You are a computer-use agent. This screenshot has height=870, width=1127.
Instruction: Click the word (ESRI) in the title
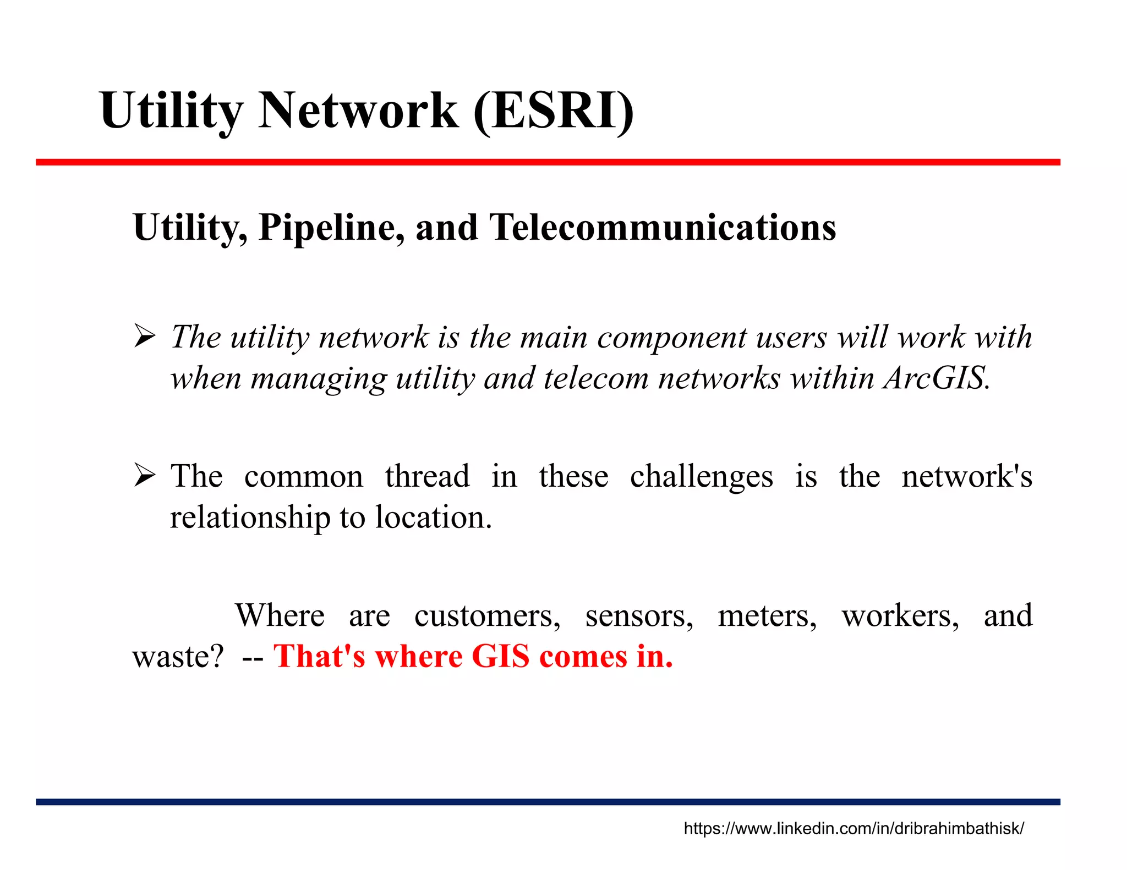point(554,111)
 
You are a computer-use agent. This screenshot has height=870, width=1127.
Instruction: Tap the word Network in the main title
point(358,111)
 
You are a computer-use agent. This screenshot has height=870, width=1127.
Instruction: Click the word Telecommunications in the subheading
point(663,228)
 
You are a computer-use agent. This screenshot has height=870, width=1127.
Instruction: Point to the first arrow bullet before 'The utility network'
point(145,337)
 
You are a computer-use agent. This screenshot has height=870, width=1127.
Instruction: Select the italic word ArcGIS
point(937,378)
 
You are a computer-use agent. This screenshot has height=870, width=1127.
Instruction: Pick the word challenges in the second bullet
point(702,476)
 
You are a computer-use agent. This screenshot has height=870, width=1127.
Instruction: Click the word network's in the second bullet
point(966,476)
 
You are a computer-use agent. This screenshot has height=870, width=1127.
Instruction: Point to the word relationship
point(250,517)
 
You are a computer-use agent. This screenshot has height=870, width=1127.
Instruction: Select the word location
point(433,517)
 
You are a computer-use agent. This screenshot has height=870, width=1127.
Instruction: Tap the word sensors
point(639,615)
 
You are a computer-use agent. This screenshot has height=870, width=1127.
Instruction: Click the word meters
point(767,615)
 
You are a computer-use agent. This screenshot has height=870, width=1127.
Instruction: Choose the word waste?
point(178,657)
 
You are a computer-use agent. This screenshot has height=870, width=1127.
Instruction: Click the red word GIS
point(500,657)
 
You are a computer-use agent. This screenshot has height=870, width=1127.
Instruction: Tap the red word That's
point(319,657)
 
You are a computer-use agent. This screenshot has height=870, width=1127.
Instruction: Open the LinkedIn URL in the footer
point(854,828)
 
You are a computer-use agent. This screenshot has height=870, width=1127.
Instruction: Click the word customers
point(487,615)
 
